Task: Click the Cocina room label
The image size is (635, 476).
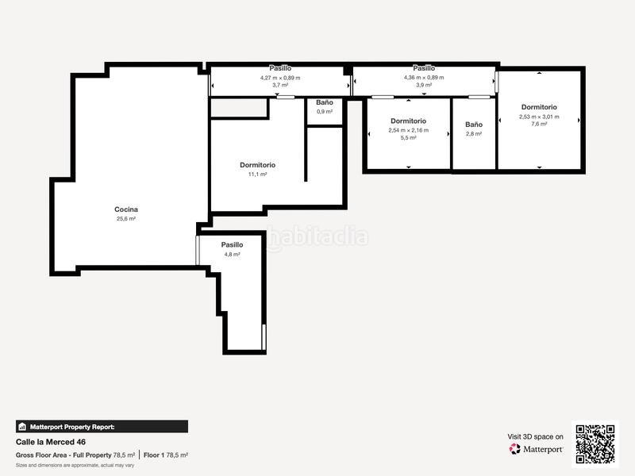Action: [x=126, y=209]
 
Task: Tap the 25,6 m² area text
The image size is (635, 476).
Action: [x=126, y=218]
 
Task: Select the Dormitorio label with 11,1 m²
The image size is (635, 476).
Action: [x=258, y=165]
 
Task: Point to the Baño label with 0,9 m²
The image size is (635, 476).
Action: [x=325, y=102]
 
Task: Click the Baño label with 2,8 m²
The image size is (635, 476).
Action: [x=474, y=125]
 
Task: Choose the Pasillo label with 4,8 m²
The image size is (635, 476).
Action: [x=232, y=245]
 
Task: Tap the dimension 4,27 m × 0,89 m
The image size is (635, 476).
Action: [x=279, y=77]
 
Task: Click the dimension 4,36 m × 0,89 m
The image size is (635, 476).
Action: [x=424, y=77]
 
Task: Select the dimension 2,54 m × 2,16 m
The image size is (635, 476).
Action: [x=408, y=130]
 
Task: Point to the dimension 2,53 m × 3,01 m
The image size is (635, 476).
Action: [x=539, y=117]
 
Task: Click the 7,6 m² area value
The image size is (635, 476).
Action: [x=539, y=124]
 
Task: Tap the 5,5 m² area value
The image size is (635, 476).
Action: [x=408, y=137]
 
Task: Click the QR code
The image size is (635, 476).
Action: [x=595, y=443]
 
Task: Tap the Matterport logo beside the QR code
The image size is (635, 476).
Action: [x=537, y=448]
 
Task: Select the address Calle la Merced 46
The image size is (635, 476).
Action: [x=51, y=442]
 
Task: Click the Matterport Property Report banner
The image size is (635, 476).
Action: [x=102, y=426]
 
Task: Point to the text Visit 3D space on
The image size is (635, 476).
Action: [x=536, y=436]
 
